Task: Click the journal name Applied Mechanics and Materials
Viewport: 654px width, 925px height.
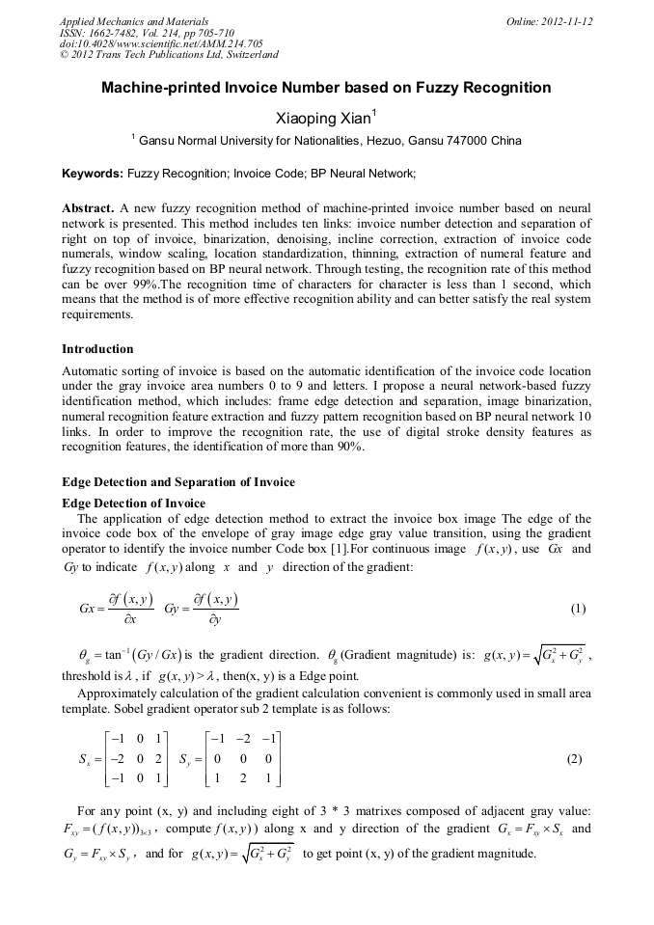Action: point(134,20)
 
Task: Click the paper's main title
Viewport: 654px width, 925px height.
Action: point(326,88)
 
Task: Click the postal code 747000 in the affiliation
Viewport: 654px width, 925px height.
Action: point(471,141)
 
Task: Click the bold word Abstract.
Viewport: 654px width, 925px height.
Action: point(88,208)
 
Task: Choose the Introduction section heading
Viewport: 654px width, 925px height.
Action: point(97,349)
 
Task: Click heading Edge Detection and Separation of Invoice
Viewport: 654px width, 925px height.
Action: point(178,481)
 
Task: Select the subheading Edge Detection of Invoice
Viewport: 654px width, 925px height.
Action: point(133,503)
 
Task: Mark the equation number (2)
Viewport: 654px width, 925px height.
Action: point(574,759)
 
